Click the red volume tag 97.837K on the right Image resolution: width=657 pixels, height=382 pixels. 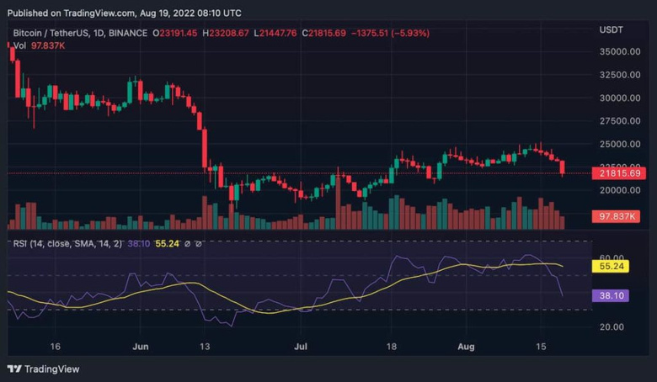point(619,216)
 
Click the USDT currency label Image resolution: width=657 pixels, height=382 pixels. point(611,29)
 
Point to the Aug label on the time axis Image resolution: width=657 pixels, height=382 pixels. point(465,346)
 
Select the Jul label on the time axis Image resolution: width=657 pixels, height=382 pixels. point(300,346)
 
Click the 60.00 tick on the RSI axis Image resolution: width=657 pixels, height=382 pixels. point(612,257)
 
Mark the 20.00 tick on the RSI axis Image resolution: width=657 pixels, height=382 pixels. point(612,326)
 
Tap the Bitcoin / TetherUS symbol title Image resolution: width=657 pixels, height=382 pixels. point(52,33)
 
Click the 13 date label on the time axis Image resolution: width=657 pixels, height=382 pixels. point(205,346)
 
